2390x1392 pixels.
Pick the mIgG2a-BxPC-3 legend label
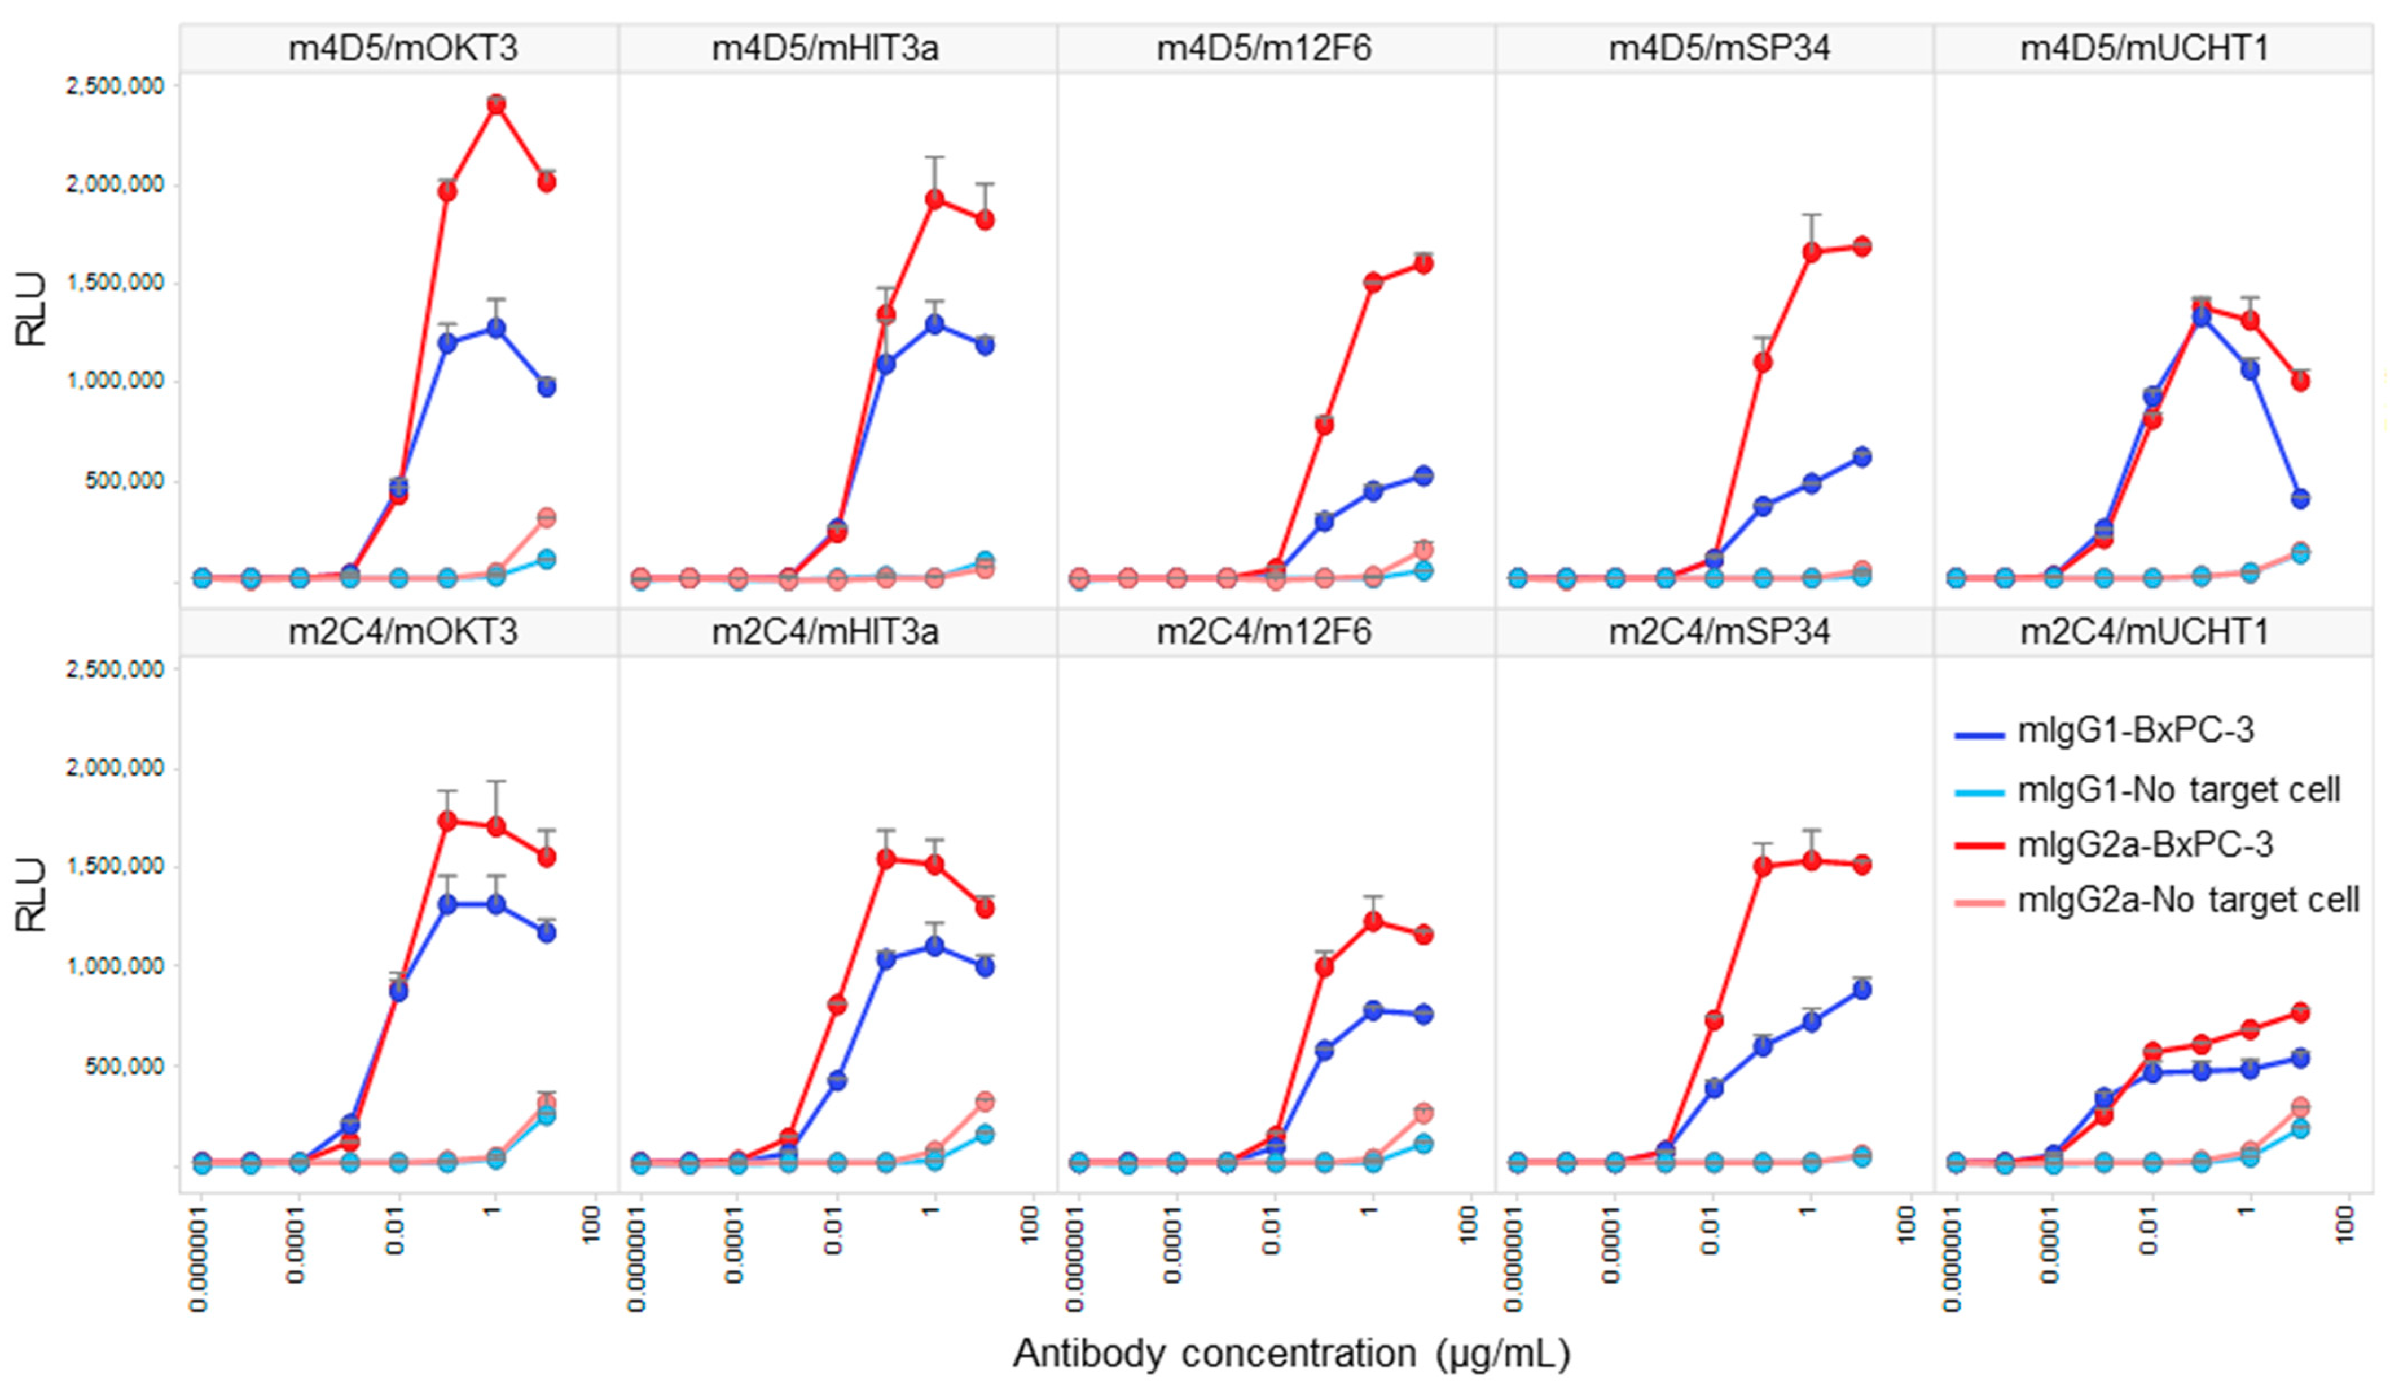(2145, 844)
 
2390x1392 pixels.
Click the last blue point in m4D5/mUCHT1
(2299, 498)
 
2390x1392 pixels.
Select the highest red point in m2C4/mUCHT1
(2299, 1012)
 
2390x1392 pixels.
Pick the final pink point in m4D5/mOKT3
(546, 518)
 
